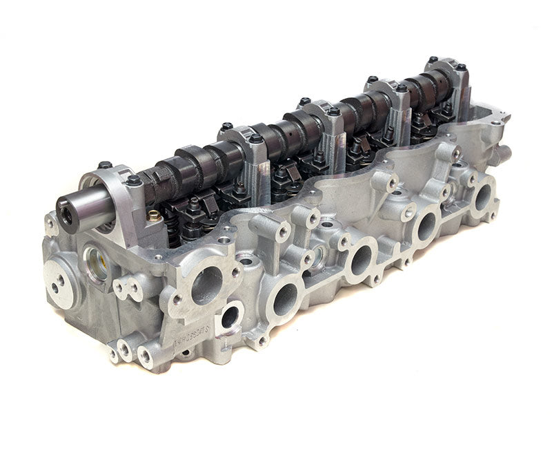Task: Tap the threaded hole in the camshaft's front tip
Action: click(66, 215)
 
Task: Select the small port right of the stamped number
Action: click(229, 316)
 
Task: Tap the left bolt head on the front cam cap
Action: click(104, 165)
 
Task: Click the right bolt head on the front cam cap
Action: click(132, 180)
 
